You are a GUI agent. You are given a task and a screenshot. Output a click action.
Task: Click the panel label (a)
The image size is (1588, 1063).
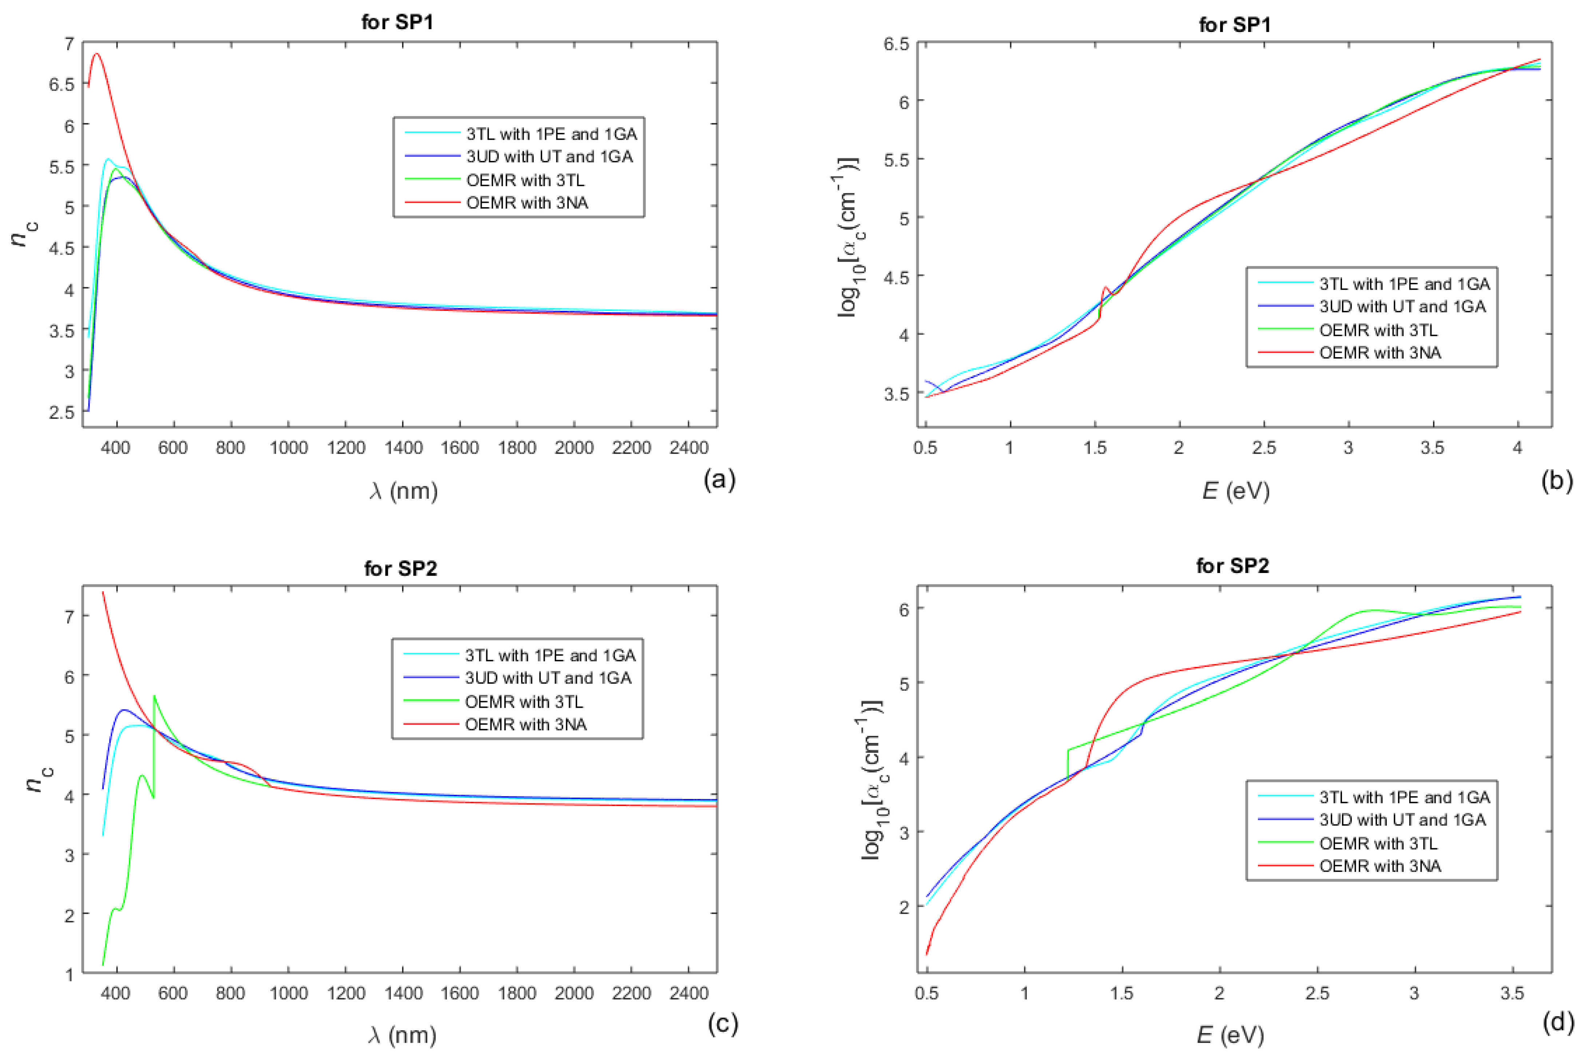[719, 479]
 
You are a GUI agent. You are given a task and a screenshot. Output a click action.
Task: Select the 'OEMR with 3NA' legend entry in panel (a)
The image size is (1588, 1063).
[527, 203]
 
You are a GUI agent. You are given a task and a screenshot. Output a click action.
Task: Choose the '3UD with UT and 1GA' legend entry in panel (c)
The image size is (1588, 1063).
[547, 678]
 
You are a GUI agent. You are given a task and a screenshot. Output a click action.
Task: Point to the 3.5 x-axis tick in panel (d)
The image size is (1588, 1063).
[1512, 993]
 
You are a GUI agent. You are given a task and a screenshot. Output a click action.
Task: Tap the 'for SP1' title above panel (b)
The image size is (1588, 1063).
[1234, 25]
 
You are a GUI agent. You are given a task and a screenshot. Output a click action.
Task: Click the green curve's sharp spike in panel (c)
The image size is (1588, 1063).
[154, 696]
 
